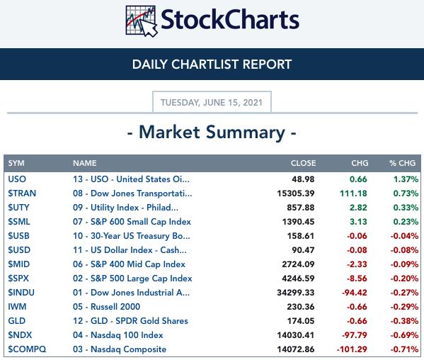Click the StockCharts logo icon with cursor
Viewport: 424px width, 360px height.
(x=141, y=21)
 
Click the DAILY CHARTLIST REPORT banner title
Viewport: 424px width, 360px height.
(x=212, y=64)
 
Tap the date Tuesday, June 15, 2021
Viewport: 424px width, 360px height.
(x=212, y=103)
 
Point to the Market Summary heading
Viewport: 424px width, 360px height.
(x=212, y=133)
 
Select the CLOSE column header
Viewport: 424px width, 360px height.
(x=303, y=163)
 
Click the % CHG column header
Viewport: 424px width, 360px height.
(x=402, y=163)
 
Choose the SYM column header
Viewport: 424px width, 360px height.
(x=16, y=163)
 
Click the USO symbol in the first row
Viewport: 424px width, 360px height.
(x=17, y=179)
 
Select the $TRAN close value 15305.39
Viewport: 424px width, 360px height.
(x=296, y=193)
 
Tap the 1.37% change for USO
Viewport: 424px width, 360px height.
(x=406, y=179)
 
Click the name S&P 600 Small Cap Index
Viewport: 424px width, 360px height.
(x=132, y=222)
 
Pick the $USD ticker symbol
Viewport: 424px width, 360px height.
(x=19, y=250)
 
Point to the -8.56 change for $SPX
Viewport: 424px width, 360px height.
(x=357, y=279)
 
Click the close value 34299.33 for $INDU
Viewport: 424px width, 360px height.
(x=296, y=293)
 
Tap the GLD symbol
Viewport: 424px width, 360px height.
(x=17, y=321)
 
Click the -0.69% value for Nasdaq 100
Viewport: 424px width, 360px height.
(x=404, y=335)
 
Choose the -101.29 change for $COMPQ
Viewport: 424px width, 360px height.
(x=352, y=349)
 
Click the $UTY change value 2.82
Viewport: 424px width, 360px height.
(x=358, y=208)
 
